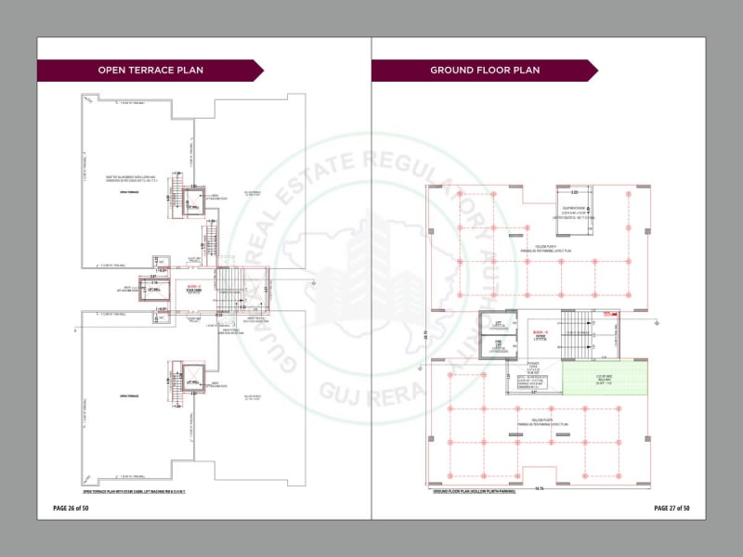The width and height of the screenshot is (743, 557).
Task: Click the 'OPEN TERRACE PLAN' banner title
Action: pos(150,71)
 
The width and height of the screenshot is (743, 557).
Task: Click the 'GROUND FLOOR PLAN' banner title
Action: pos(484,71)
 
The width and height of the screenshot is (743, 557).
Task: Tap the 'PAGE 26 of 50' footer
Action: pos(71,508)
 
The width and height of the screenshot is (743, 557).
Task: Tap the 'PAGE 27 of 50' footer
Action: pos(671,508)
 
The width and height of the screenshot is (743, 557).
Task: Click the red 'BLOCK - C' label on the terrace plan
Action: pos(193,287)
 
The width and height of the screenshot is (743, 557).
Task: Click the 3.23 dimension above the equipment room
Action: pos(575,193)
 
